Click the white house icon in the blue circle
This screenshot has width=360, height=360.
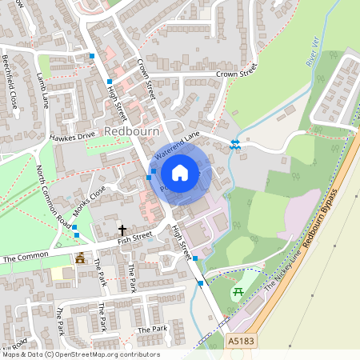click(180, 172)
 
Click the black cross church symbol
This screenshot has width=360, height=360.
click(122, 230)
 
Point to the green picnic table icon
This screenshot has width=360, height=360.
click(237, 293)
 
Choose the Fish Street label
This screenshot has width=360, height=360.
click(134, 237)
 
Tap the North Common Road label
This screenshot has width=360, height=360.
click(53, 196)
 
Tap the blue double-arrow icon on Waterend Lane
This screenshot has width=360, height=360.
click(235, 144)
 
